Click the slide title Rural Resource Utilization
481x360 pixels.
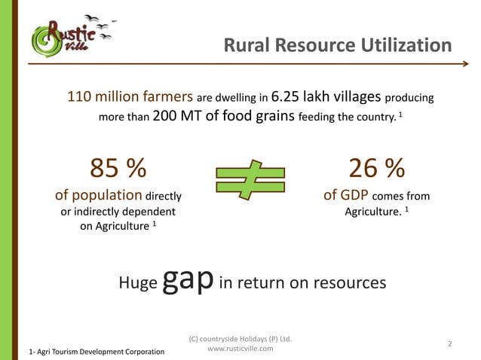point(338,47)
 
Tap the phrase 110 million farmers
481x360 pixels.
point(130,97)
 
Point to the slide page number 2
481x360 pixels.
point(449,344)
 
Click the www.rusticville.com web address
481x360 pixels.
point(240,349)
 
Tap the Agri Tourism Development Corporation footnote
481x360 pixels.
point(97,352)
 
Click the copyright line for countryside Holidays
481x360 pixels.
point(240,338)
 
